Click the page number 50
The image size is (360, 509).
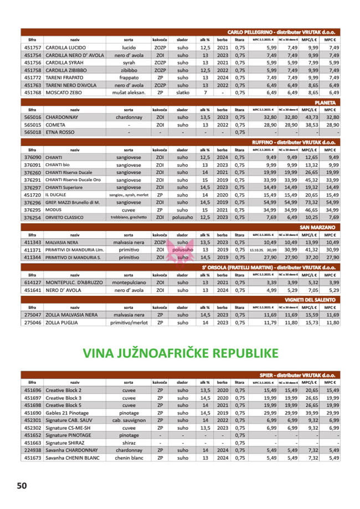[x=22, y=485]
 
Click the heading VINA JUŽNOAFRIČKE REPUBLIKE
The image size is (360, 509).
[x=179, y=353]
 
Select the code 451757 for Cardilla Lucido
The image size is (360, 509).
[x=33, y=48]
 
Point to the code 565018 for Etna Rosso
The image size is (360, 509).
[x=33, y=132]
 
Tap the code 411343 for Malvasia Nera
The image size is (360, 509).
[x=33, y=242]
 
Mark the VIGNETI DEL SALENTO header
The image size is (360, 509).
[x=310, y=300]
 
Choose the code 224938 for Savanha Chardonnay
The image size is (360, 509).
[x=33, y=450]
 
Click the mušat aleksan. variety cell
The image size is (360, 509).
[x=128, y=92]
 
